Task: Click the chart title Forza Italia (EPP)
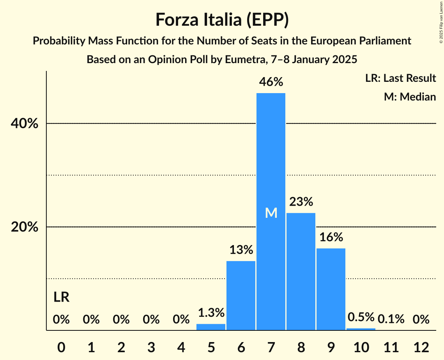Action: [222, 19]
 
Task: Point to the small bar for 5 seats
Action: [211, 327]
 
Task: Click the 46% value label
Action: [271, 82]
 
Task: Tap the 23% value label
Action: [301, 202]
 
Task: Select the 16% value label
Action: [331, 237]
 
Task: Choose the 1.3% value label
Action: [211, 312]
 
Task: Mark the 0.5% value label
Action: [361, 317]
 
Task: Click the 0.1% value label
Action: [391, 319]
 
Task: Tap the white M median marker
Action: [271, 213]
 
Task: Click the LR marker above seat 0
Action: [61, 298]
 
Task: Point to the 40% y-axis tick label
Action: [25, 124]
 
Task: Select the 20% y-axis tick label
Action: [25, 227]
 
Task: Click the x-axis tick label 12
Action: [421, 347]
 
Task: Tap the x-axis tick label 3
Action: [151, 347]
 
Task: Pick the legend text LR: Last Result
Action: [400, 78]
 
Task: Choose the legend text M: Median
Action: [410, 97]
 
